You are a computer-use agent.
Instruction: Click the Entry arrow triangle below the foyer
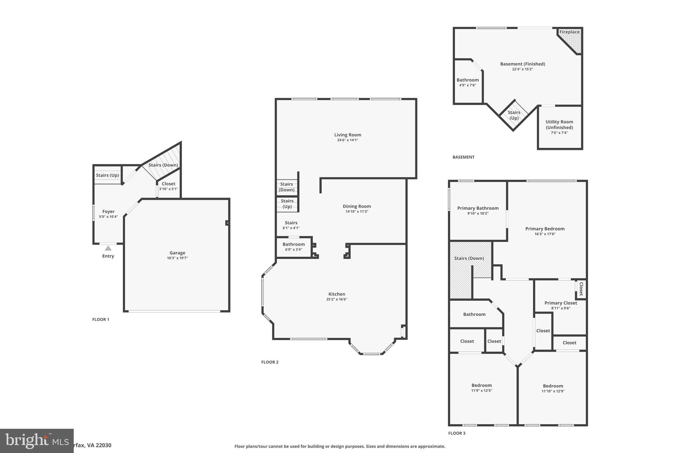click(x=108, y=248)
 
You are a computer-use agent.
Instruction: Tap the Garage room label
click(x=177, y=253)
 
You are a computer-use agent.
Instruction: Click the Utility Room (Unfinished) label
click(x=559, y=124)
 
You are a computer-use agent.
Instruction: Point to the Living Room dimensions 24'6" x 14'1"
click(x=348, y=140)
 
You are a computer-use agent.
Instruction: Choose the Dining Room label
click(x=357, y=206)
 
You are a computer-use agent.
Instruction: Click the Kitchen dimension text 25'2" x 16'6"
click(x=337, y=299)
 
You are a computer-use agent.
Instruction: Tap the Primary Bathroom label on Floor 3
click(x=478, y=208)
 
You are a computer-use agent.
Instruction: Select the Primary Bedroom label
click(x=545, y=229)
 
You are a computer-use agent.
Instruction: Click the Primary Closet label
click(x=560, y=303)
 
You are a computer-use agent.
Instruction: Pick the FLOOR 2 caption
click(x=270, y=362)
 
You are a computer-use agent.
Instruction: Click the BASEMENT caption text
click(x=464, y=157)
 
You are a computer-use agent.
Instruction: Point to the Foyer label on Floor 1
click(x=108, y=211)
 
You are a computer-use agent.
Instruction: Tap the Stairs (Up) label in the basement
click(x=514, y=115)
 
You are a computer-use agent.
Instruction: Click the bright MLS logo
click(x=37, y=441)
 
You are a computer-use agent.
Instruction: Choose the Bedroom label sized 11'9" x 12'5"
click(x=481, y=385)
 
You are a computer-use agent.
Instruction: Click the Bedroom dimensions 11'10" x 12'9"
click(x=553, y=391)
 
